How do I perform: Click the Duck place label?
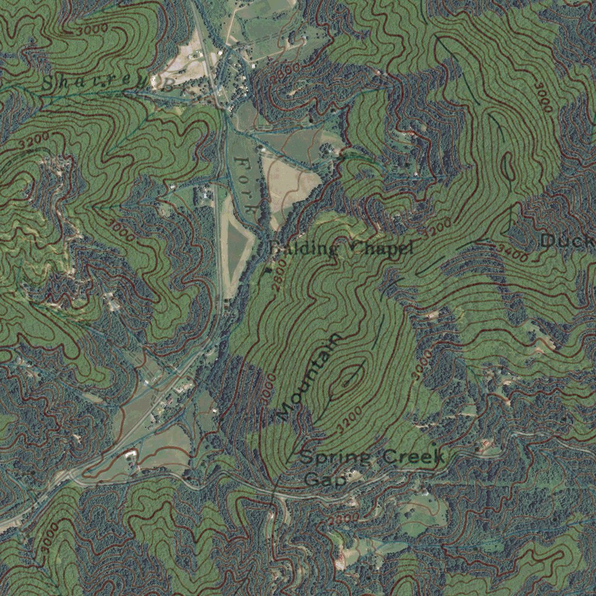point(566,240)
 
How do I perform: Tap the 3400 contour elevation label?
point(512,252)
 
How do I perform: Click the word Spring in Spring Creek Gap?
point(336,458)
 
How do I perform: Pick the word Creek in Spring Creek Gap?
point(413,457)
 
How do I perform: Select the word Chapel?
point(382,249)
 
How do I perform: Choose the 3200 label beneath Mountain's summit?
point(349,419)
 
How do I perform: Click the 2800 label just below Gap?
point(343,517)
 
